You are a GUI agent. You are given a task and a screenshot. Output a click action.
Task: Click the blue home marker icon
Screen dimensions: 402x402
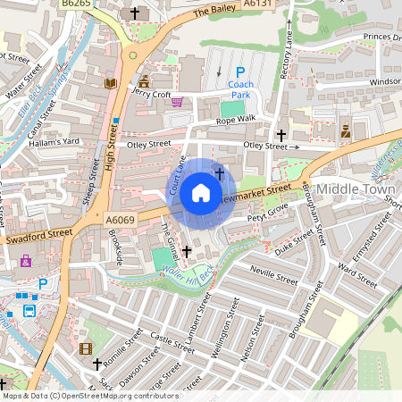click(201, 192)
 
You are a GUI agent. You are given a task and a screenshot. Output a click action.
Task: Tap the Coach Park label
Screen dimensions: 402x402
click(239, 88)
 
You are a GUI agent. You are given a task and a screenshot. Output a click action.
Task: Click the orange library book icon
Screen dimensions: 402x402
click(111, 83)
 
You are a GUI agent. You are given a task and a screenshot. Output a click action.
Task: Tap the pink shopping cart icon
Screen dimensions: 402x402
click(177, 102)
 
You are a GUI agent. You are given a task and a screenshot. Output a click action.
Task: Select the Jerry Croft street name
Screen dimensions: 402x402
click(150, 92)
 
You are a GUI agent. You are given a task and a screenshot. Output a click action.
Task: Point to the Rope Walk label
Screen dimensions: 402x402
click(235, 118)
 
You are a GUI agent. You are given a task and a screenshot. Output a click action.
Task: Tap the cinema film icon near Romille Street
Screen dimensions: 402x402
click(85, 348)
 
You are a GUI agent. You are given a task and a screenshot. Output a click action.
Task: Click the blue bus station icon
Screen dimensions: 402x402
click(29, 311)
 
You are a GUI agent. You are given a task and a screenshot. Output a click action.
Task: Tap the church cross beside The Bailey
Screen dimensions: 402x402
click(136, 13)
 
